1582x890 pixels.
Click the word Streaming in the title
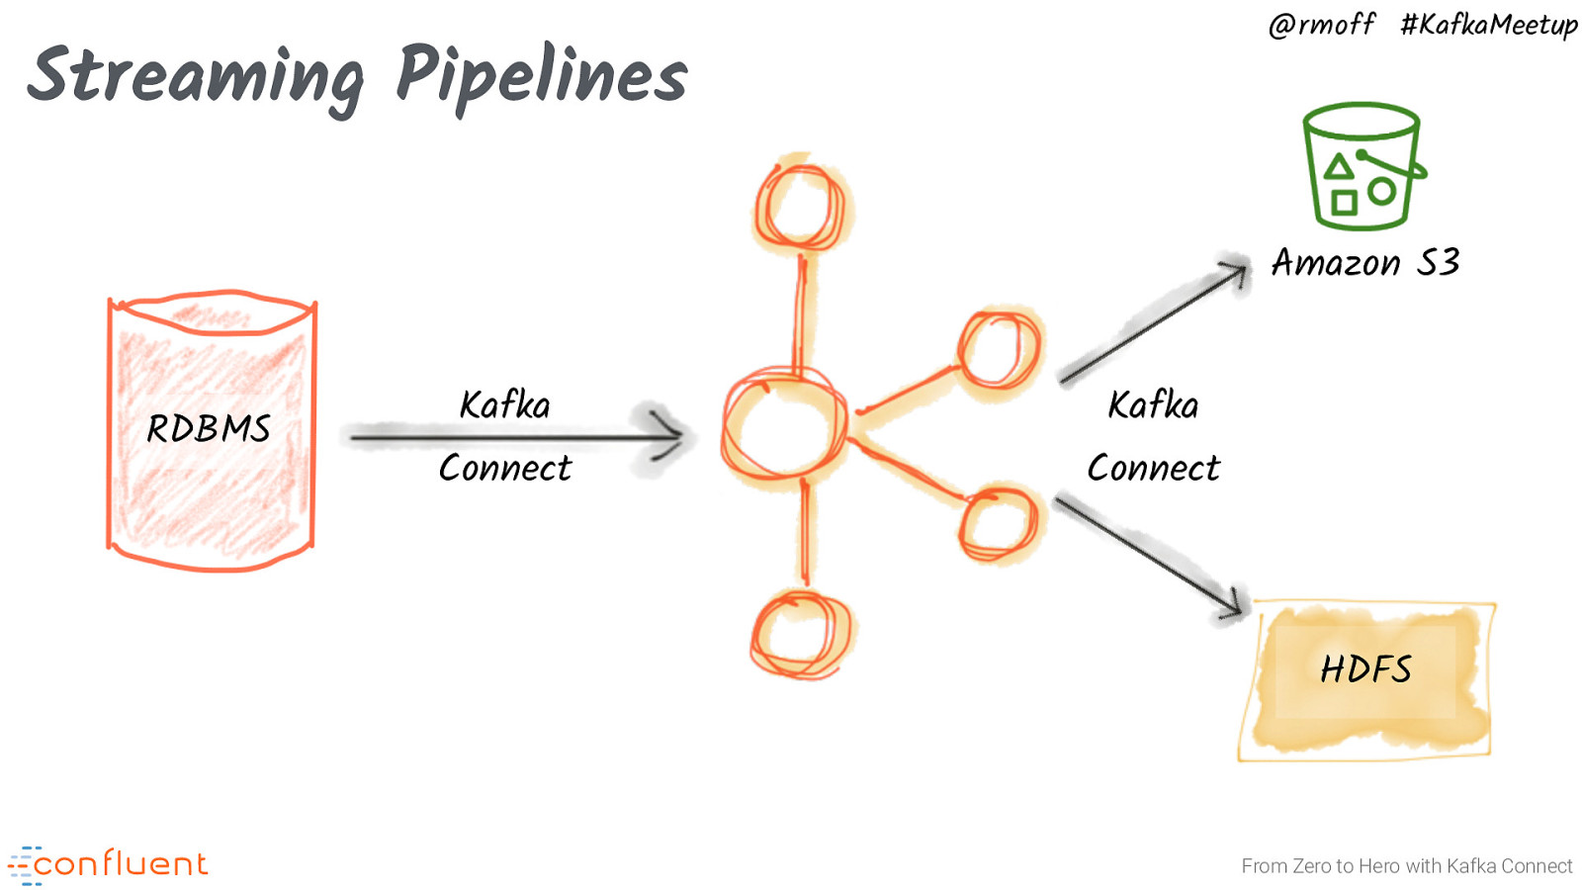click(x=196, y=77)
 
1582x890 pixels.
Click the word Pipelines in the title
click(x=541, y=75)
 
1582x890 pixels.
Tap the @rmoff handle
click(x=1321, y=24)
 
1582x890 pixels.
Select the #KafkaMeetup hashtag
click(x=1488, y=24)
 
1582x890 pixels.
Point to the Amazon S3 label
click(x=1365, y=262)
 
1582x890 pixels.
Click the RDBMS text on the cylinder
click(x=209, y=429)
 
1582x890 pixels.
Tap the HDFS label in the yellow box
click(x=1365, y=669)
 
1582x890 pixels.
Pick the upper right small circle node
click(x=999, y=350)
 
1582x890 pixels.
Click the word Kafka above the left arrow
click(x=504, y=405)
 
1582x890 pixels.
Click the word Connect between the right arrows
click(x=1153, y=469)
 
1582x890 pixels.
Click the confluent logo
click(x=109, y=864)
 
